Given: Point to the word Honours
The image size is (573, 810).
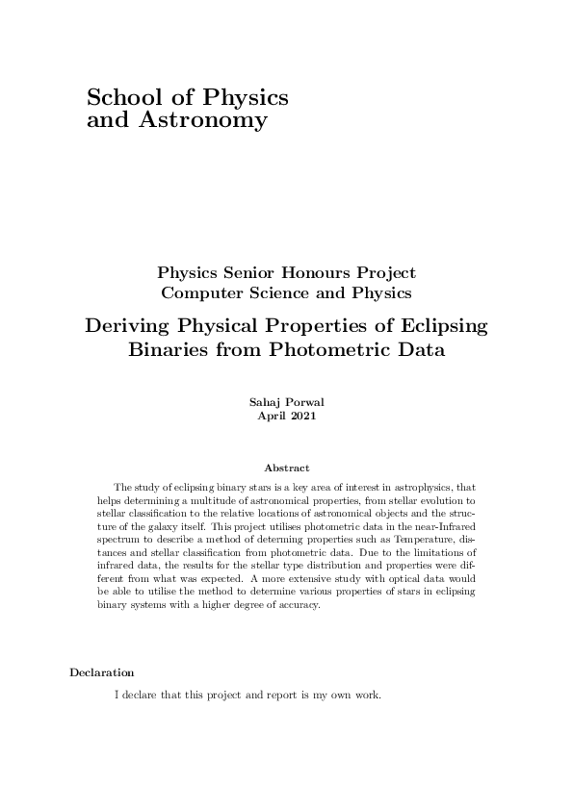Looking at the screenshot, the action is click(x=328, y=274).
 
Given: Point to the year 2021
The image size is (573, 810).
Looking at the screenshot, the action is click(x=301, y=417).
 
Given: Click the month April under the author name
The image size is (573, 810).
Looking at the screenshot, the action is click(x=273, y=417).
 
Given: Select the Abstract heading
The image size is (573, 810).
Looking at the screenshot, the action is click(x=287, y=468).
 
